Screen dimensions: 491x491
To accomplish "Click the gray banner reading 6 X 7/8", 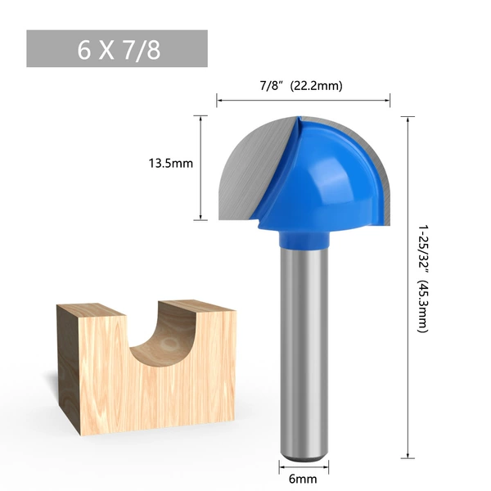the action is (x=117, y=48).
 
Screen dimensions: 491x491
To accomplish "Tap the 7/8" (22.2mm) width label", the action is (x=301, y=85).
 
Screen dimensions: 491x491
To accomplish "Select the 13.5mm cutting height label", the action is (x=171, y=164).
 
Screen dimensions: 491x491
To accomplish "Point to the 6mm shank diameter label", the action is (x=303, y=479).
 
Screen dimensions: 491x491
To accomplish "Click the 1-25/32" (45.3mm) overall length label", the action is (x=423, y=279).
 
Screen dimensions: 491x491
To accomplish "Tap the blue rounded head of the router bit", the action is (x=322, y=175).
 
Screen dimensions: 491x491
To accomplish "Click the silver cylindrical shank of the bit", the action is (x=304, y=351).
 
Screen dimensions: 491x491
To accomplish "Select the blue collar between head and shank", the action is (x=304, y=239).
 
